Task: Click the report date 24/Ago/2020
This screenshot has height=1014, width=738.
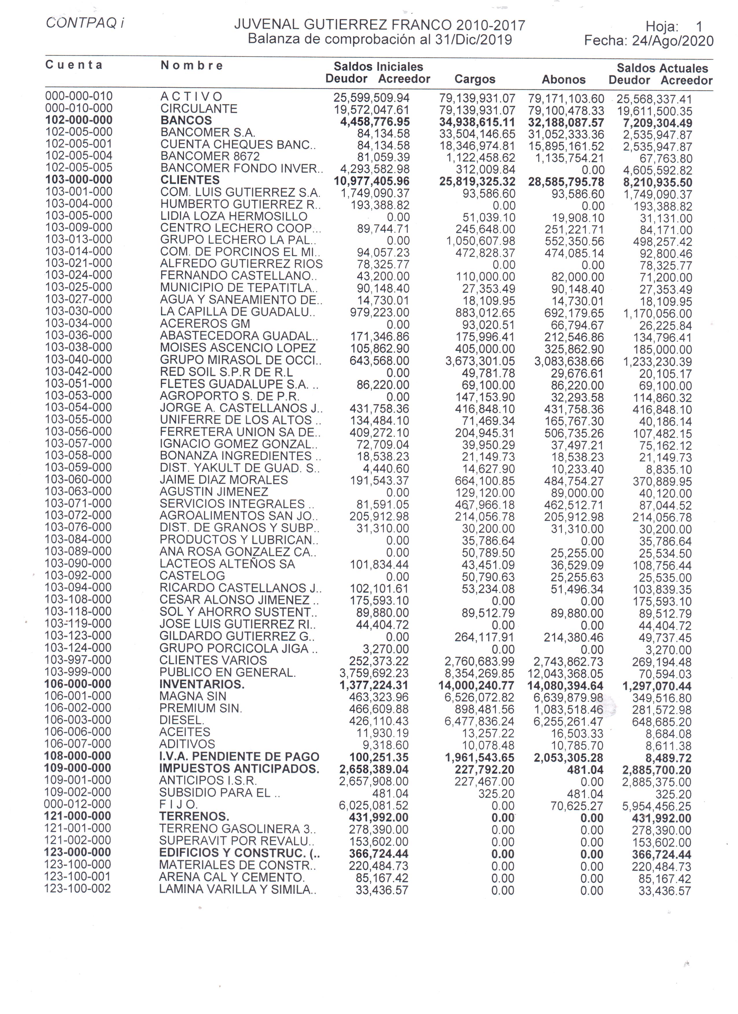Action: [x=672, y=41]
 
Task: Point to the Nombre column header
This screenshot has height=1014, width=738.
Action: [x=191, y=66]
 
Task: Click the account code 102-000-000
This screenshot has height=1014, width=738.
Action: [x=79, y=120]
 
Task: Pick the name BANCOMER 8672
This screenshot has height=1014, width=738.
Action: [x=210, y=157]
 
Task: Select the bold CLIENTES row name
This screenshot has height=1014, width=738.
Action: [x=190, y=180]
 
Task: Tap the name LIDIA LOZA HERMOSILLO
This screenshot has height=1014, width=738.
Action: [x=234, y=216]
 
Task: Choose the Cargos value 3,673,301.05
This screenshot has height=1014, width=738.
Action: [x=480, y=361]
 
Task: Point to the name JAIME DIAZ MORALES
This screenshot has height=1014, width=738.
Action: [x=224, y=480]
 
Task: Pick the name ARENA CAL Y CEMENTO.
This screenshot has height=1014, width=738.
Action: [x=231, y=877]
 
